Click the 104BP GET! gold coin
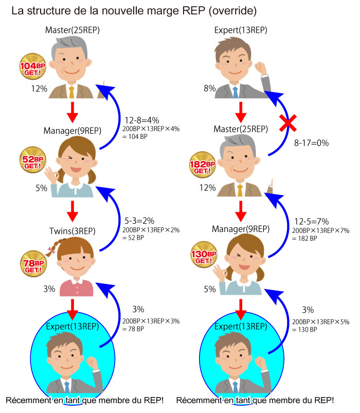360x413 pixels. [32, 66]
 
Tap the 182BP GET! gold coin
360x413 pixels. [203, 165]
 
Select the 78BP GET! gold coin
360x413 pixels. [33, 264]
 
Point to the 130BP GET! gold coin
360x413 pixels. [204, 255]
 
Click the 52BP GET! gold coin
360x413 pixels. [32, 159]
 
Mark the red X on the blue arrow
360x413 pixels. [288, 123]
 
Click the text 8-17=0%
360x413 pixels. [311, 143]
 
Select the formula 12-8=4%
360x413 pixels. [141, 120]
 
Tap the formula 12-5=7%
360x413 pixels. [312, 221]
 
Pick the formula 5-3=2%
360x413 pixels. [139, 221]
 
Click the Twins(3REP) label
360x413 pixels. [73, 231]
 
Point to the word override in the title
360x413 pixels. [233, 11]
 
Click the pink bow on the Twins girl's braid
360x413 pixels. [51, 250]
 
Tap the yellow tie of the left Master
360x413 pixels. [71, 92]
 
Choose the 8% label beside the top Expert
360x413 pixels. [210, 88]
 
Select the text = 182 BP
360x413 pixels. [304, 238]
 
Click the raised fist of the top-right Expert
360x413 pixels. [260, 68]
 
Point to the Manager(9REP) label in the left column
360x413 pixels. [73, 131]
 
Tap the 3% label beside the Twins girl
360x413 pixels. [49, 289]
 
